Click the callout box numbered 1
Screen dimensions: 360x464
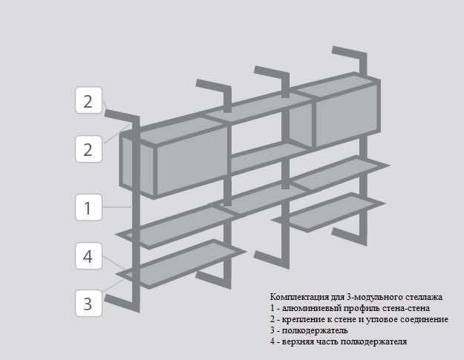tap(88, 207)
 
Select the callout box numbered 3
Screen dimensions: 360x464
tap(88, 303)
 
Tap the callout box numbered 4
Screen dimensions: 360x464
tap(88, 256)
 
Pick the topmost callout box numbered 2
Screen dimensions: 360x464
tap(88, 101)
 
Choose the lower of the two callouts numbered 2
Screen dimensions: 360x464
tap(88, 149)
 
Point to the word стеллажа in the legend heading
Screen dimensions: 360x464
tap(424, 296)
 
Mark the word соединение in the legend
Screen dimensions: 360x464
tap(424, 318)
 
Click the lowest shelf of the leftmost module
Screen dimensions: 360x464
tap(182, 264)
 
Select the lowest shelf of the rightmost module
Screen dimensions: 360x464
tap(334, 212)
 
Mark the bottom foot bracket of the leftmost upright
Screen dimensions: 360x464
tap(122, 302)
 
